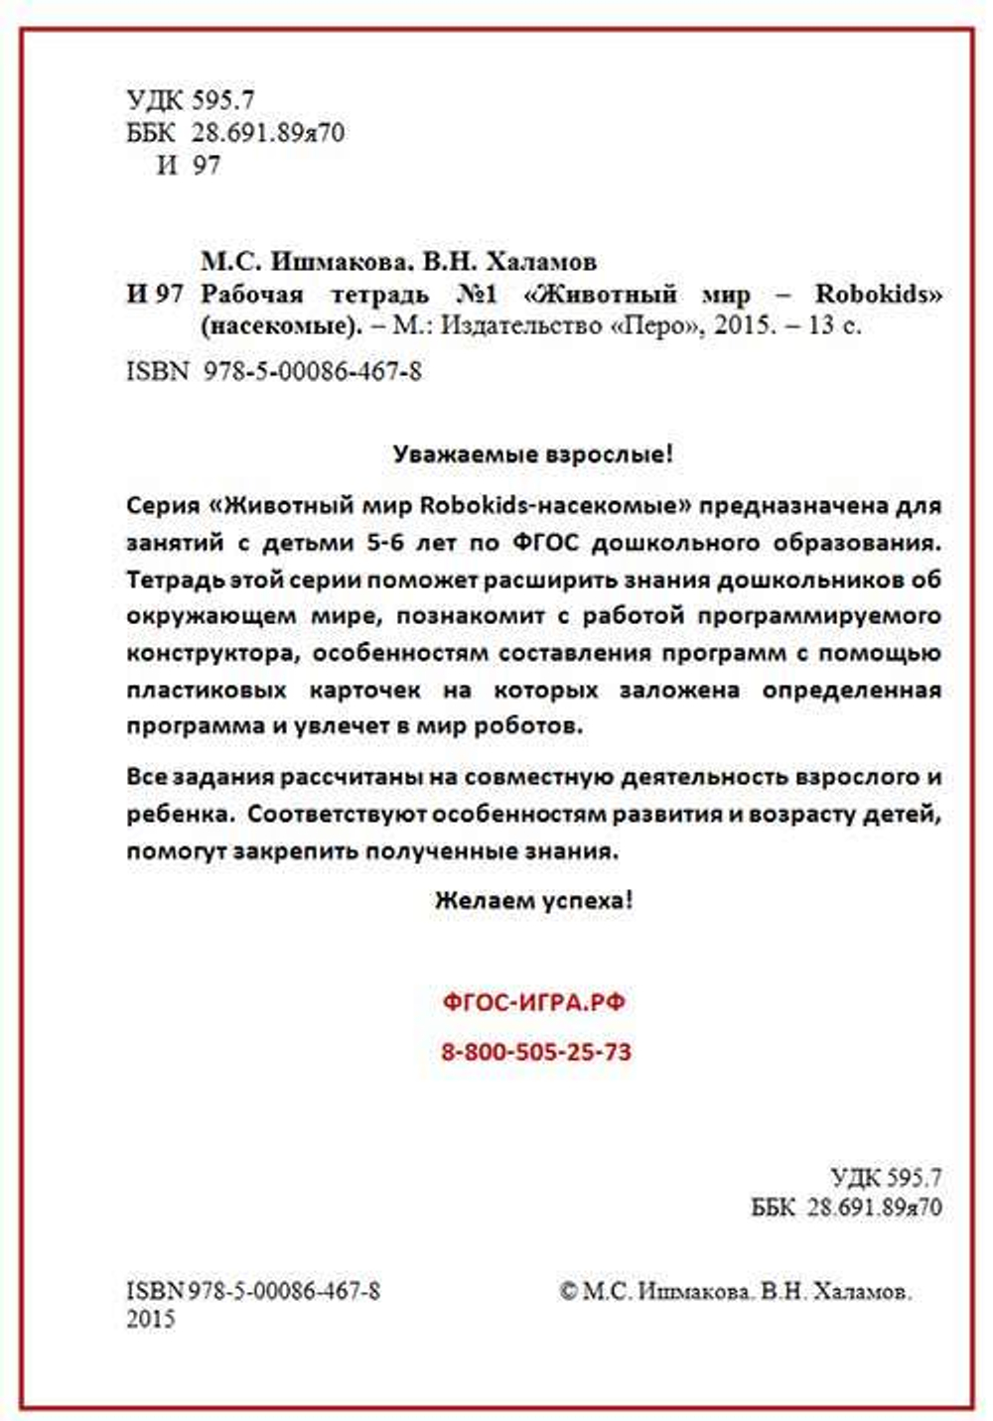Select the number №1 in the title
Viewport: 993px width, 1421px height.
(477, 295)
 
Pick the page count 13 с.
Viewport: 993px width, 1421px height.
(834, 325)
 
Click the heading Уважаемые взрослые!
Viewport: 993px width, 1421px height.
(533, 454)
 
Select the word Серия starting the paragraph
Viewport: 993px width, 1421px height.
(163, 505)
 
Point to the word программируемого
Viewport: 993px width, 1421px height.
(819, 616)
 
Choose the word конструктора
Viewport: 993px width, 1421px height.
(210, 654)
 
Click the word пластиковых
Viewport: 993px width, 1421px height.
(207, 690)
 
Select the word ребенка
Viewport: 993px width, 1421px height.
(177, 815)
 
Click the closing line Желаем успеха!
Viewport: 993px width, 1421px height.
(533, 901)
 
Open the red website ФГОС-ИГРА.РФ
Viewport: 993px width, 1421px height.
(534, 1002)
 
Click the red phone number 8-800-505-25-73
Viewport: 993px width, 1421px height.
(535, 1052)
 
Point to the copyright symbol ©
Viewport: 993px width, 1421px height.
(568, 1291)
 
